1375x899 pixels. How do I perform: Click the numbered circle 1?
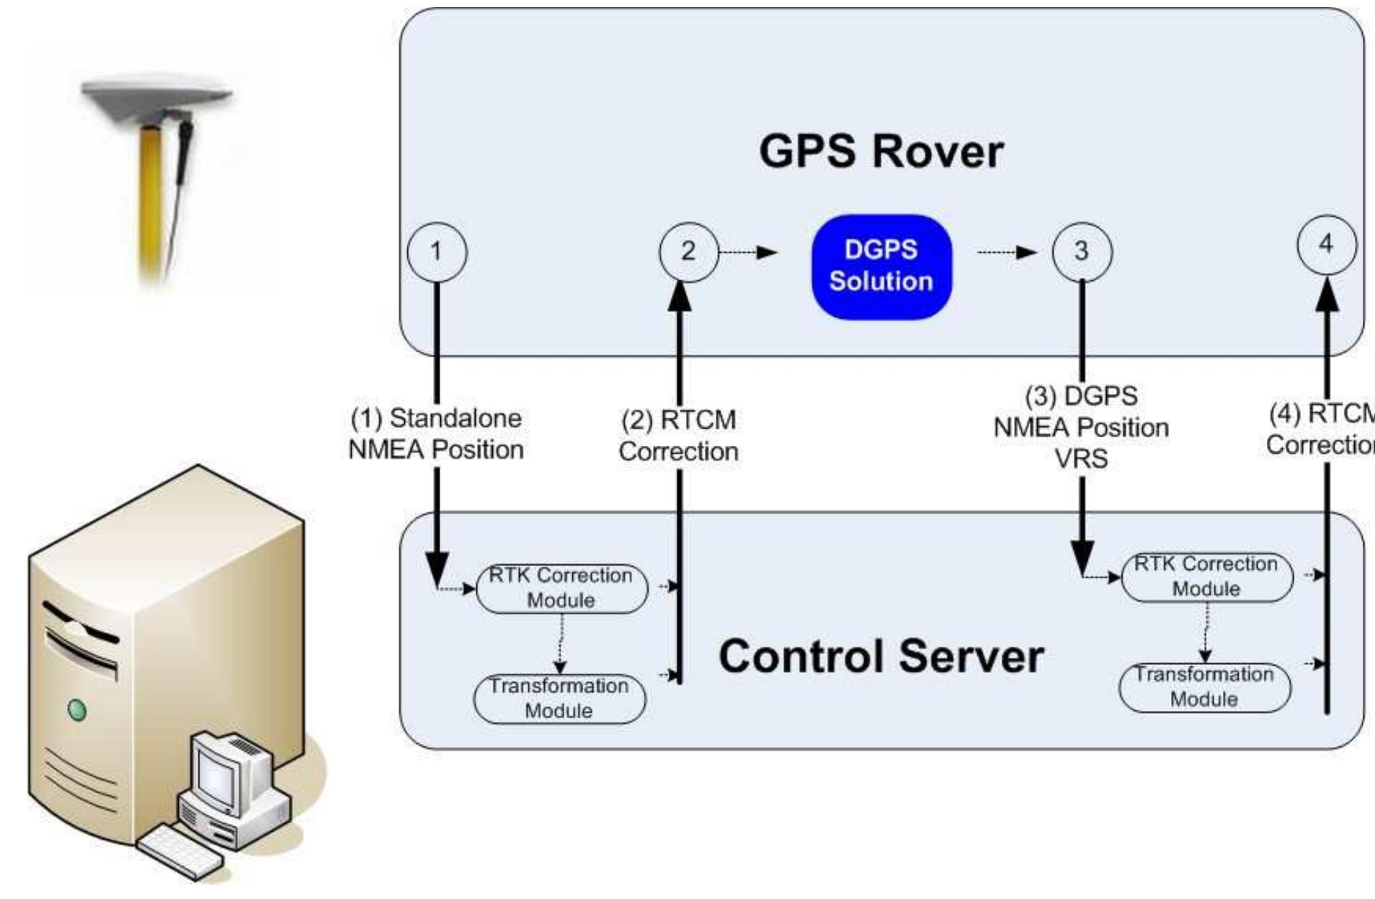pos(437,252)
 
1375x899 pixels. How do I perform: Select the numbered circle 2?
pos(688,251)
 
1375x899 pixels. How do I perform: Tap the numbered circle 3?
pos(1082,251)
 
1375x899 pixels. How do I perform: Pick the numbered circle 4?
pos(1326,245)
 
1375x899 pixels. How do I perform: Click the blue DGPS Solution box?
pos(881,266)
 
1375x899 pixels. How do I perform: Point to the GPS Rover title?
pos(881,152)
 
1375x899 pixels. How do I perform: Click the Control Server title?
pos(881,656)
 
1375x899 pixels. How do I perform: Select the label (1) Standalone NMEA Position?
pos(436,434)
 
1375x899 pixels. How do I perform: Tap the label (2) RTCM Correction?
pos(678,436)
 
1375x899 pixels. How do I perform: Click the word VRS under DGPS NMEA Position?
pos(1081,459)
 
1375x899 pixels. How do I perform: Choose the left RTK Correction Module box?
pos(561,588)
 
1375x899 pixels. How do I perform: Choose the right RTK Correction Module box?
pos(1206,576)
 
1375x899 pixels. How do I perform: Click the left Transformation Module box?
pos(559,698)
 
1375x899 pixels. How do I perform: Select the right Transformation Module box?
pos(1204,686)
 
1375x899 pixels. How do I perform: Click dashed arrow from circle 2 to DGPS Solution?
pos(748,252)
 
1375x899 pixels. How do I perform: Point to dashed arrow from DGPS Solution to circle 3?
pos(1007,252)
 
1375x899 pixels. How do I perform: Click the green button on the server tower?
pos(76,710)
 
